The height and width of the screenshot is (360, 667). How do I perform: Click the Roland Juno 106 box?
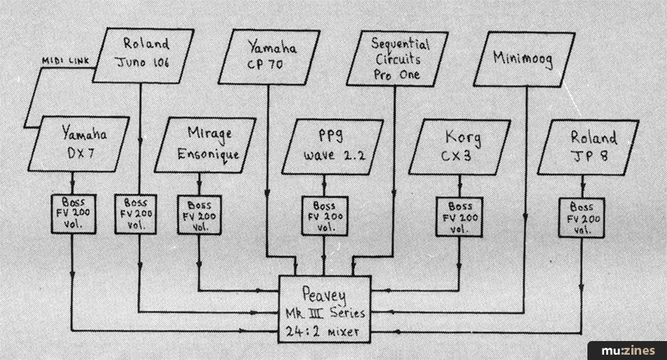pos(143,55)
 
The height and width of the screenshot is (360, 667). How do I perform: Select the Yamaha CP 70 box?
pos(269,57)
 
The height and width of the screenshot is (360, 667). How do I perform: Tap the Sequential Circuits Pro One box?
pos(397,58)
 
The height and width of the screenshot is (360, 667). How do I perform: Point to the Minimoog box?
pos(524,59)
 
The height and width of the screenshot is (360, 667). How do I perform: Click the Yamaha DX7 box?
pos(79,144)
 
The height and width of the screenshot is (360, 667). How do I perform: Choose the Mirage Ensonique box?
pos(205,145)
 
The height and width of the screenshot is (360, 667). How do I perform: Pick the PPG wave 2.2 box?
pos(333,147)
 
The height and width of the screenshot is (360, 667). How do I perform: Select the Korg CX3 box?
pos(460,147)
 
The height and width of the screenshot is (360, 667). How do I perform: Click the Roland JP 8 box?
pos(588,148)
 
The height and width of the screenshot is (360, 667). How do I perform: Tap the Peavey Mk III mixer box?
pos(324,309)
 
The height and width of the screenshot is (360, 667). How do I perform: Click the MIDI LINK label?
pos(65,61)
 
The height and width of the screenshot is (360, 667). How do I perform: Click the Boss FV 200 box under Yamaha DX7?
pos(74,214)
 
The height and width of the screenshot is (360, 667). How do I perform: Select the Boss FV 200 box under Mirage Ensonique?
pos(199,215)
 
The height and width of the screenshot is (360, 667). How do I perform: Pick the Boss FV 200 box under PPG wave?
pos(324,216)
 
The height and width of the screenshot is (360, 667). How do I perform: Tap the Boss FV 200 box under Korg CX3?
pos(459,217)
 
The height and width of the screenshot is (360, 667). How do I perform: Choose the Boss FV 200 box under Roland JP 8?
pos(581,218)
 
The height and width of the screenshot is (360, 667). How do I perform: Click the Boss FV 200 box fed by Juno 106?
pos(136,214)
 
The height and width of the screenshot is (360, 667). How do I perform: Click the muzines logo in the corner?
pos(628,351)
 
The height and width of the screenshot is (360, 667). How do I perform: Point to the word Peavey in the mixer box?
pos(324,295)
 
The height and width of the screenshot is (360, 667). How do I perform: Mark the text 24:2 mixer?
pos(322,331)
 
